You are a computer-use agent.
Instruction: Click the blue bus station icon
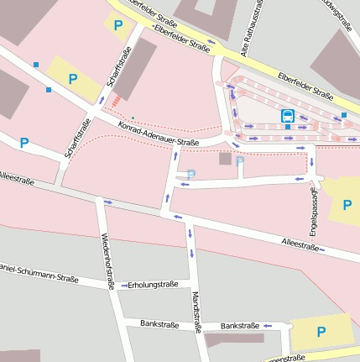[x=288, y=115]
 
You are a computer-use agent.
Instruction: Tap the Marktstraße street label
[x=195, y=312]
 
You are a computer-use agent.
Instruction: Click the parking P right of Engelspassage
[x=347, y=203]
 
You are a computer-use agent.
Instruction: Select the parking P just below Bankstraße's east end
[x=321, y=332]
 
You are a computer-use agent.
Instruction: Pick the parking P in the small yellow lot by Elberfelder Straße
[x=117, y=25]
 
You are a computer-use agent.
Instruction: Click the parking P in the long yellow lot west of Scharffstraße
[x=73, y=80]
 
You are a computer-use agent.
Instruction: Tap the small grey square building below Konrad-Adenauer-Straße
[x=225, y=158]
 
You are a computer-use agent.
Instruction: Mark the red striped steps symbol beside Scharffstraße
[x=115, y=101]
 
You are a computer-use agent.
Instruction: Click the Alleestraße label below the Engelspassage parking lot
[x=300, y=246]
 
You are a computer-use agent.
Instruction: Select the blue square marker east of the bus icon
[x=344, y=114]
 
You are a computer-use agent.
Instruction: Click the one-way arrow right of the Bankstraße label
[x=268, y=325]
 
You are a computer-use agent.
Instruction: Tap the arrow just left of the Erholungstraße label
[x=123, y=285]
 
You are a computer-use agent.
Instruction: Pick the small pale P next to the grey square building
[x=240, y=160]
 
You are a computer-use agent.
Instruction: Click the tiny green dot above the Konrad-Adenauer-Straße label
[x=132, y=118]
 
